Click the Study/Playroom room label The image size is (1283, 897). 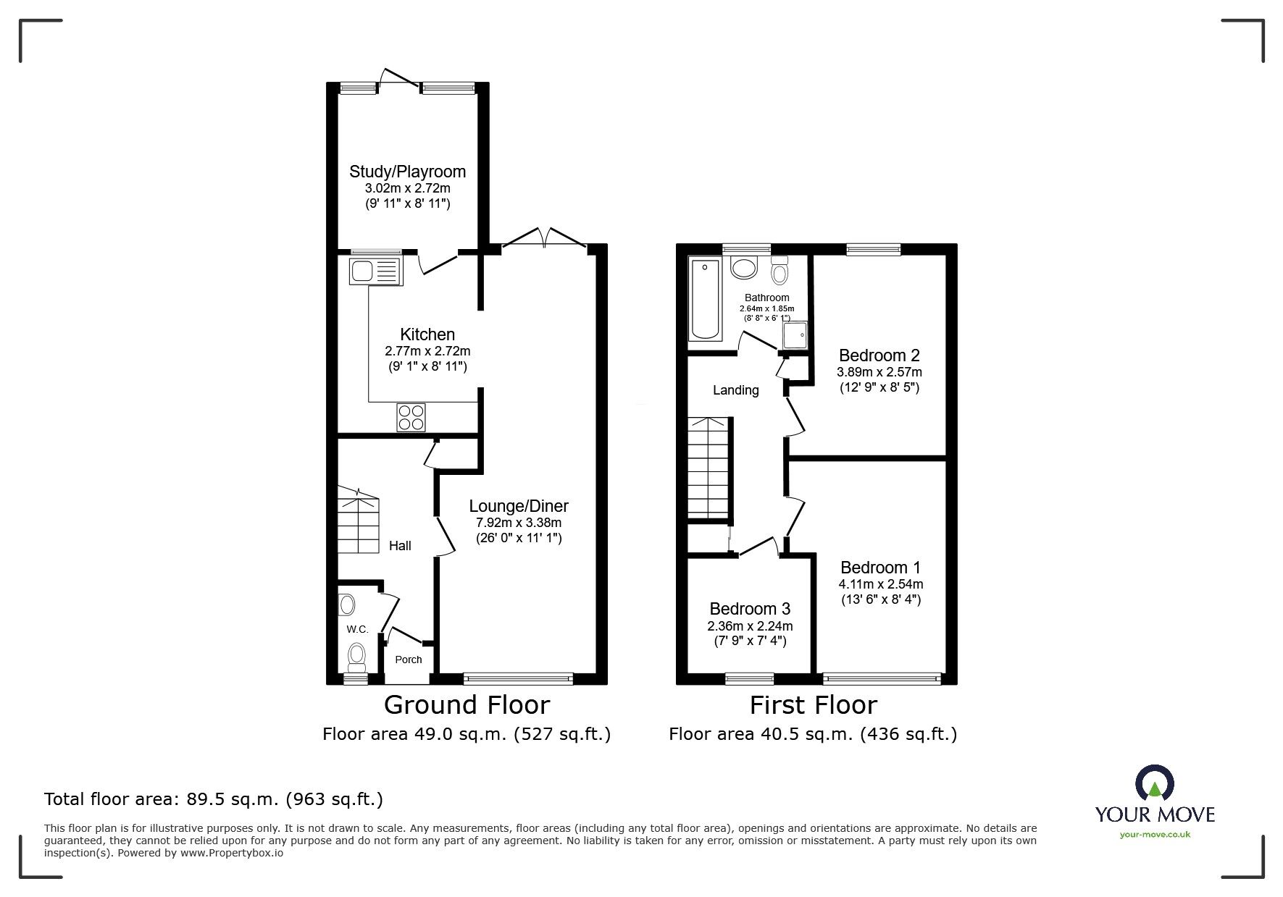coord(407,172)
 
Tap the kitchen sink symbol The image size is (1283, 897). coord(376,271)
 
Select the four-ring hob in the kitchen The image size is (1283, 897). coord(411,417)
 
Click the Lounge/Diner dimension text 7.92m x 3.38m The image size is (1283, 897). coord(518,523)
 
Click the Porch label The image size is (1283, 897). coord(409,660)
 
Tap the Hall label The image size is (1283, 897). coord(400,546)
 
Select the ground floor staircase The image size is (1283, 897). coord(358,521)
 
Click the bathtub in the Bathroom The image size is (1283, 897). coord(705,300)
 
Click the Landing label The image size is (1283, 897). coord(735,390)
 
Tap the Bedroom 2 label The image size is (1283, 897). coord(879,355)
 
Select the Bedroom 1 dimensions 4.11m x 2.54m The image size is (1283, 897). coord(880,584)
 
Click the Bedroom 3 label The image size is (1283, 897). coord(750,609)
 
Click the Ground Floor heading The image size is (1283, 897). coord(467,704)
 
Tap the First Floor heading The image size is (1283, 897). coord(813,704)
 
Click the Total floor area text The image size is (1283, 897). coord(214,799)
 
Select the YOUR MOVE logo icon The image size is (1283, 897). coord(1155,784)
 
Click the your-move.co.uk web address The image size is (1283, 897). coord(1155,835)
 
